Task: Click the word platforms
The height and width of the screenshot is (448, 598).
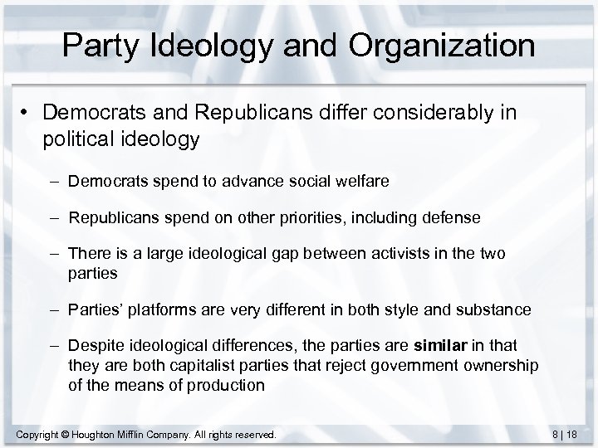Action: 167,311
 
